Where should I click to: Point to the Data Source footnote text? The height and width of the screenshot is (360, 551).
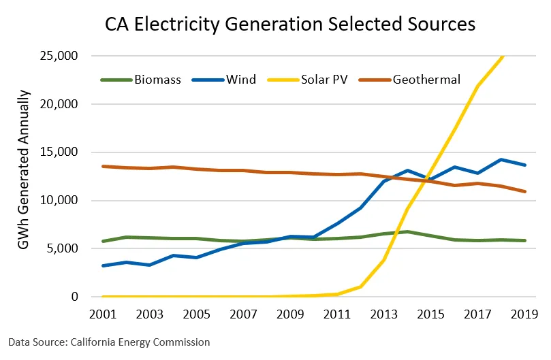click(x=109, y=342)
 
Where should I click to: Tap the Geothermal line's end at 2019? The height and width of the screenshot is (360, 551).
click(x=524, y=191)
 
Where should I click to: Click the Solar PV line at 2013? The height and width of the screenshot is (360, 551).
click(x=383, y=260)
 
